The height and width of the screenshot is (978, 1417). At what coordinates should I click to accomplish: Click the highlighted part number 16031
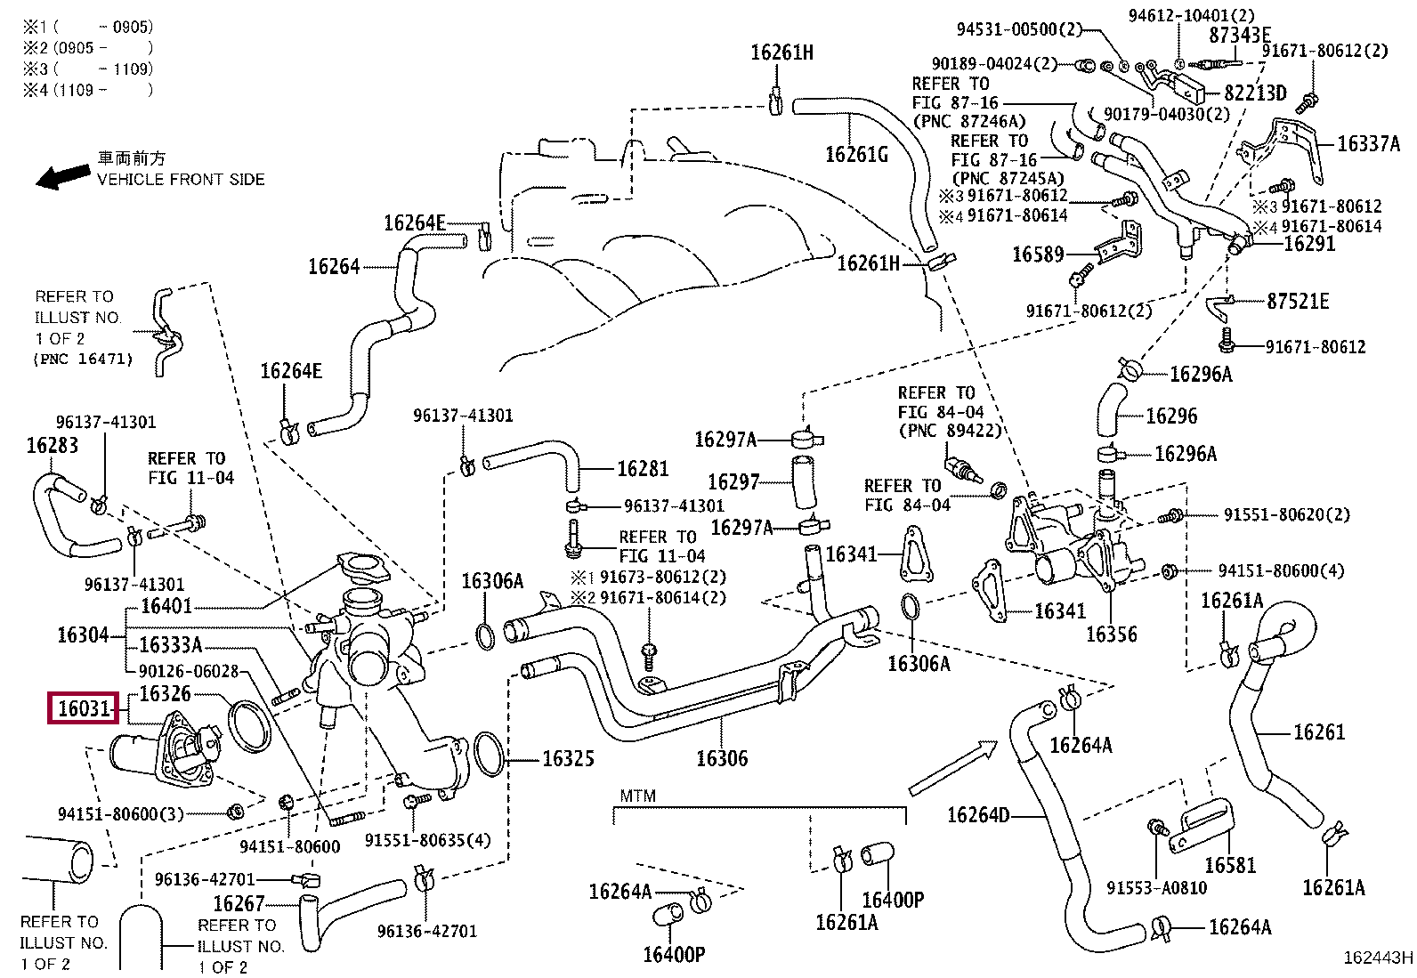click(x=84, y=709)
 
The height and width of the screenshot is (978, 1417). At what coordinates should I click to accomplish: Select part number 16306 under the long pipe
click(x=721, y=758)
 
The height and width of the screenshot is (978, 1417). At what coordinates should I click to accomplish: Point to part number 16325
click(x=568, y=759)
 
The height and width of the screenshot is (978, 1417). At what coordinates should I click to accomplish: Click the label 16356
click(x=1111, y=634)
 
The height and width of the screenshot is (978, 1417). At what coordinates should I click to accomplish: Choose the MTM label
click(x=637, y=796)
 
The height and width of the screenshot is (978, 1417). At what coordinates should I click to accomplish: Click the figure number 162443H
click(x=1377, y=958)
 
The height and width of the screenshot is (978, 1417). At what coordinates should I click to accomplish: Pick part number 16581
click(x=1229, y=864)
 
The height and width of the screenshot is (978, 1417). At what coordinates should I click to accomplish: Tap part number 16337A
click(x=1368, y=143)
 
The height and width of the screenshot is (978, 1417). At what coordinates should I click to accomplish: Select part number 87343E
click(x=1239, y=36)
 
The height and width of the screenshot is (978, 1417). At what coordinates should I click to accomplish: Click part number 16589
click(x=1038, y=255)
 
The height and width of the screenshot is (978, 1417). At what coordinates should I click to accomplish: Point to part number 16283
click(x=52, y=445)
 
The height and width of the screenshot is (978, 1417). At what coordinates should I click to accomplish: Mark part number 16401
click(x=166, y=606)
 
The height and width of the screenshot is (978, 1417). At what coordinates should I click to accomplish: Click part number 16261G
click(x=856, y=155)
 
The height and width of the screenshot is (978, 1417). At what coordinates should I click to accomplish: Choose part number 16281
click(x=642, y=468)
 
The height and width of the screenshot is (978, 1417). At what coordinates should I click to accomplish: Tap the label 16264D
click(x=978, y=815)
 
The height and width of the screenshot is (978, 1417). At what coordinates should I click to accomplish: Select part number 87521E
click(x=1298, y=301)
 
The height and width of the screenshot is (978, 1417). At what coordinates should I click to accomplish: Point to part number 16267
click(x=239, y=904)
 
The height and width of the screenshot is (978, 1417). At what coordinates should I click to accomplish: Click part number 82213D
click(x=1255, y=93)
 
